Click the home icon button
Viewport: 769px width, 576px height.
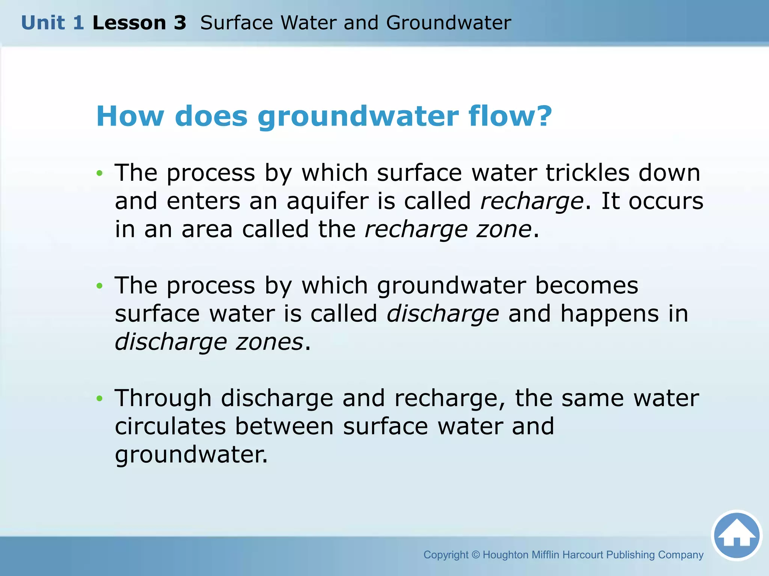click(x=737, y=535)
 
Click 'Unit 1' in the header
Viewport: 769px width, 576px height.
click(x=52, y=23)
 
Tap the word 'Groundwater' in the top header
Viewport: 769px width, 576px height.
click(x=448, y=23)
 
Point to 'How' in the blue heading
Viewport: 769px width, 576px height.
click(x=130, y=116)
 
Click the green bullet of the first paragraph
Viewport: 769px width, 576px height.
click(x=100, y=173)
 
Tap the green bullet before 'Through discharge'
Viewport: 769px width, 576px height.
click(x=100, y=398)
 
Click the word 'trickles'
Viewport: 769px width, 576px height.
click(x=587, y=173)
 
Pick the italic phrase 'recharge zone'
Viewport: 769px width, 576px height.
click(x=448, y=229)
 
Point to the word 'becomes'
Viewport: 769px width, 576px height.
click(x=586, y=286)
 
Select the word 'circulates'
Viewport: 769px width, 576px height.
click(x=170, y=426)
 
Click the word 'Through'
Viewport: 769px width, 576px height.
click(x=163, y=398)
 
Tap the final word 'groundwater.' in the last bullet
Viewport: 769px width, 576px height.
click(x=191, y=455)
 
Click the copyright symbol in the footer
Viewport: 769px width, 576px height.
click(x=475, y=555)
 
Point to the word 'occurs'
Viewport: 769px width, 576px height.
click(x=666, y=201)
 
